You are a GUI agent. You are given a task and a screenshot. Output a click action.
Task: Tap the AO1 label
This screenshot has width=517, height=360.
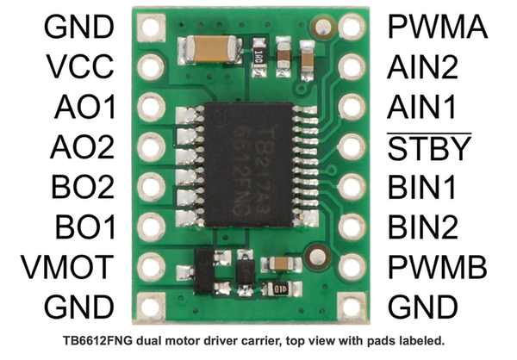pyautogui.click(x=85, y=107)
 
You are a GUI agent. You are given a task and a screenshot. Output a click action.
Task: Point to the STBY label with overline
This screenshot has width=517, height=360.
pyautogui.click(x=428, y=147)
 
